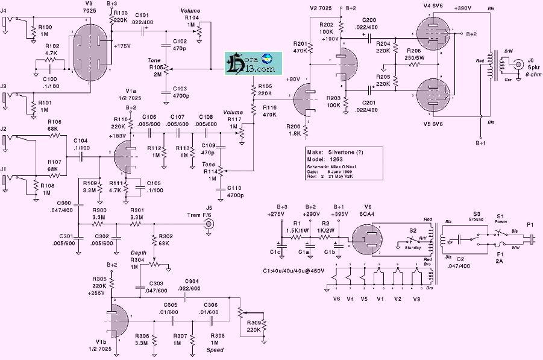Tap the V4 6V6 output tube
(433, 31)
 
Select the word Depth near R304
(138, 253)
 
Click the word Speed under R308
(215, 350)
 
